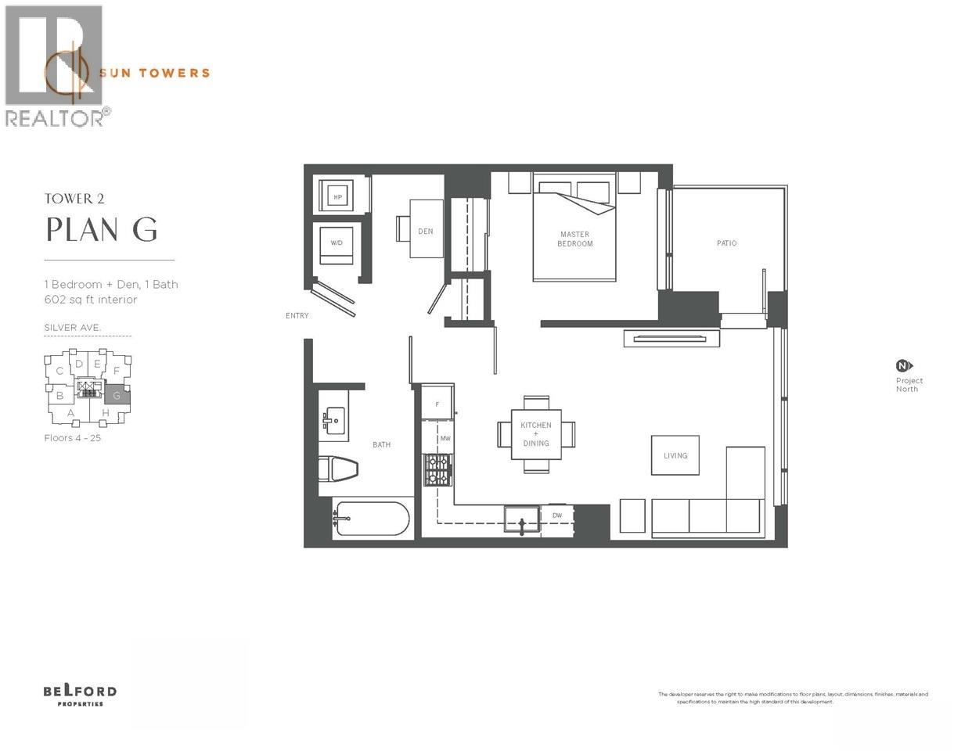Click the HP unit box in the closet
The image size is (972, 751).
pyautogui.click(x=338, y=197)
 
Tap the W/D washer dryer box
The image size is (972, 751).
pyautogui.click(x=337, y=243)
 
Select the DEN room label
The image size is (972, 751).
pyautogui.click(x=426, y=231)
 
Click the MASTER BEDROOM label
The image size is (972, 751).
pyautogui.click(x=574, y=239)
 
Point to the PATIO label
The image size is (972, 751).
pyautogui.click(x=726, y=243)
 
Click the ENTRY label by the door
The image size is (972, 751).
pyautogui.click(x=297, y=316)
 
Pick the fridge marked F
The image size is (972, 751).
pyautogui.click(x=437, y=404)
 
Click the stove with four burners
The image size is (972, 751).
pyautogui.click(x=437, y=469)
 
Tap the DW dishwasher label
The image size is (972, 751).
pyautogui.click(x=557, y=516)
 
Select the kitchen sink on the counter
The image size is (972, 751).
pyautogui.click(x=522, y=520)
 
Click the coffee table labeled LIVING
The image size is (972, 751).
pyautogui.click(x=675, y=455)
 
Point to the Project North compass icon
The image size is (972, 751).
pyautogui.click(x=904, y=365)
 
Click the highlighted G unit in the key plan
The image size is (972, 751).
pyautogui.click(x=117, y=395)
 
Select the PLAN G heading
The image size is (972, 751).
pyautogui.click(x=102, y=229)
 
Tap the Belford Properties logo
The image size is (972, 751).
pyautogui.click(x=80, y=694)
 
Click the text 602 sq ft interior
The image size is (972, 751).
pyautogui.click(x=91, y=300)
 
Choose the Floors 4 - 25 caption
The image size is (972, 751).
pyautogui.click(x=73, y=438)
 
